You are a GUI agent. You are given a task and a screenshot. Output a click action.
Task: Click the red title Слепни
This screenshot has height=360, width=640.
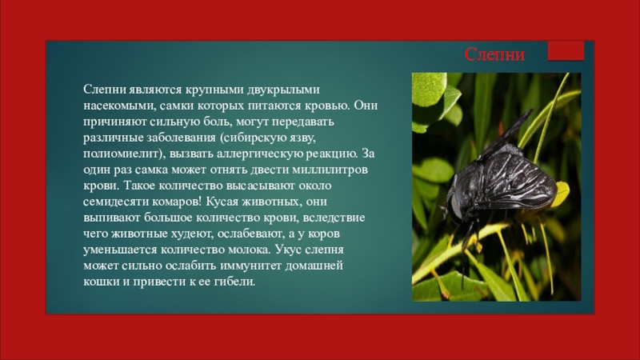[495, 56]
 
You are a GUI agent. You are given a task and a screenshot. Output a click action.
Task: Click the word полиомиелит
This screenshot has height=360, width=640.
[122, 153]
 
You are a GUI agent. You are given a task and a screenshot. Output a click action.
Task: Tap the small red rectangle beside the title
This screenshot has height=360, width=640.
[566, 52]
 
